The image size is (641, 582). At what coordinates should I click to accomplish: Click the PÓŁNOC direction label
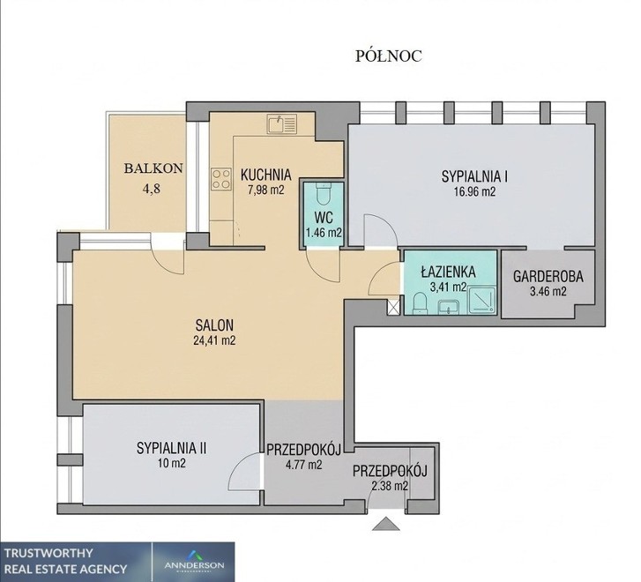388,56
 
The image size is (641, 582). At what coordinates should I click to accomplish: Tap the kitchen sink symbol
282,124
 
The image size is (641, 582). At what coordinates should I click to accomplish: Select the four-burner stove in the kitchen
220,179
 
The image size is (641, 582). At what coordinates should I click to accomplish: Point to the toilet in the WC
324,194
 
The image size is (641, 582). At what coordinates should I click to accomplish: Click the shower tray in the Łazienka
481,301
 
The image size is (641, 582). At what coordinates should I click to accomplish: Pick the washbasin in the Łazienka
449,307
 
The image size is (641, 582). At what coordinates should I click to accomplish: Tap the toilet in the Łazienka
420,304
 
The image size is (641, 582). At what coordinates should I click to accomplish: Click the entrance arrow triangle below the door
386,524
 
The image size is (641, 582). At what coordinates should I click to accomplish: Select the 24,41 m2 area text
214,340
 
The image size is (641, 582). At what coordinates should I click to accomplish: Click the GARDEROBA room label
548,277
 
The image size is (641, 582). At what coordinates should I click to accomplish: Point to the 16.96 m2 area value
474,192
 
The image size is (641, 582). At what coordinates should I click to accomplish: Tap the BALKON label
153,168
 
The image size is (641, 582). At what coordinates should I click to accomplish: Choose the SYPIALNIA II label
172,448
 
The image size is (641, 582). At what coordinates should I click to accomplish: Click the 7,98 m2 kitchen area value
265,190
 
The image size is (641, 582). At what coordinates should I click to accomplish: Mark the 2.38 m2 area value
390,486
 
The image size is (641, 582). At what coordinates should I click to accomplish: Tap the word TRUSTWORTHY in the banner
48,554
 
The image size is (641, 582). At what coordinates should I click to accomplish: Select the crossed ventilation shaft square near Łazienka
393,307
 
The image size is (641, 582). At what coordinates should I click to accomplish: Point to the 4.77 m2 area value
303,465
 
